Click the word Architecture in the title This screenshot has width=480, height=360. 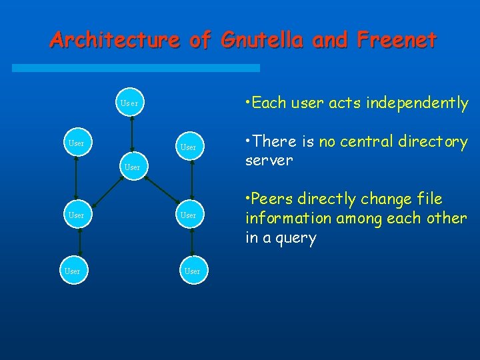(114, 41)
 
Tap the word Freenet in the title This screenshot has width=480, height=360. (397, 41)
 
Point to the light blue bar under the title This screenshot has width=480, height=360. (154, 68)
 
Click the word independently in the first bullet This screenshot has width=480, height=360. (411, 103)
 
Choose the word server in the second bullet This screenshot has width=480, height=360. (269, 161)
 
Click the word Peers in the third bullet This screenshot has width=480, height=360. (273, 199)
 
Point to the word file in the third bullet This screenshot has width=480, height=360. (429, 199)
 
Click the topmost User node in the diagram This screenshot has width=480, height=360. (129, 103)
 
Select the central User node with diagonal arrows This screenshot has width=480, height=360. (132, 167)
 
